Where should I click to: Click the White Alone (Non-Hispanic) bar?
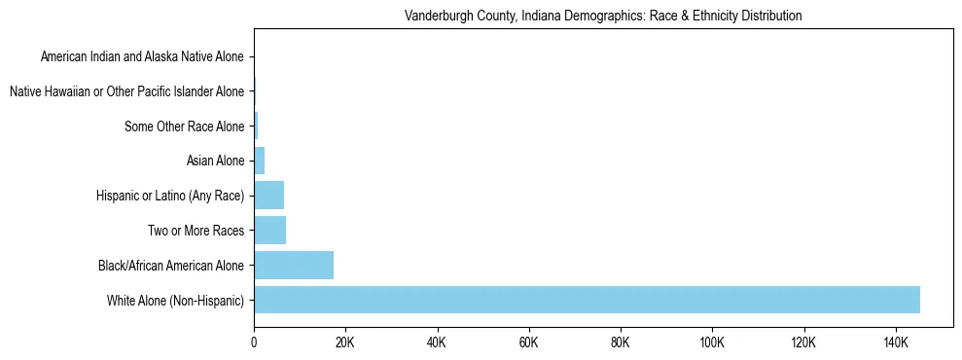(x=587, y=300)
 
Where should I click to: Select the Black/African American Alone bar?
(x=294, y=265)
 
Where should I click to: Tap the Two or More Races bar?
(x=269, y=231)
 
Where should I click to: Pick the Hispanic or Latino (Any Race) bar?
(x=268, y=196)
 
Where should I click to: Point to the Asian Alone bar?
(x=260, y=161)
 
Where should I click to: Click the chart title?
(x=603, y=17)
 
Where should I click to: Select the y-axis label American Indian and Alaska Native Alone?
(x=142, y=57)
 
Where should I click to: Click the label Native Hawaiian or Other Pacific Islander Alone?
(x=126, y=92)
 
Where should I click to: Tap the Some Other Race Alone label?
(x=185, y=126)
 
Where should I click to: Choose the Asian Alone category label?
(x=215, y=162)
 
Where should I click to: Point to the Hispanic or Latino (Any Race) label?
(x=170, y=197)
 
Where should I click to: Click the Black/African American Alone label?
(x=171, y=266)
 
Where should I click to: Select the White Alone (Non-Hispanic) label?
(x=176, y=301)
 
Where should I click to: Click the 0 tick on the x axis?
(x=254, y=343)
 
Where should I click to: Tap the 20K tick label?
(x=345, y=343)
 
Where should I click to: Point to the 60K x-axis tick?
(x=528, y=343)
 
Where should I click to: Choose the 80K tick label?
(x=621, y=343)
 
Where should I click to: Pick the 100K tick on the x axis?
(x=712, y=343)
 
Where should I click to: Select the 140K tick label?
(x=895, y=343)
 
